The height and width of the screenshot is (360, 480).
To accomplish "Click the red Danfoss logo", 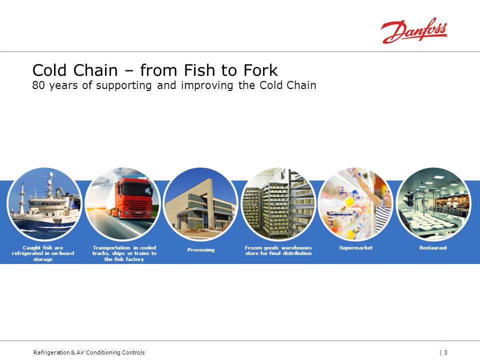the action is pos(414,30).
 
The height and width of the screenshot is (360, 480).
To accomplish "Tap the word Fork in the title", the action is pos(261,70).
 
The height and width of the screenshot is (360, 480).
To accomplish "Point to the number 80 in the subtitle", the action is pos(38,85).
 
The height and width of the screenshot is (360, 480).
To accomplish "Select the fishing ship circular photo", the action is pos(44,203).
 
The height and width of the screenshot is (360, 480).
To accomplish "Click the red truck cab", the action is pos(134,197).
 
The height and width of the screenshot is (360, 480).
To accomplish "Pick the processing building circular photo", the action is pos(200,203).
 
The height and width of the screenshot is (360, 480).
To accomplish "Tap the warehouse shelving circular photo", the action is pos(278,203).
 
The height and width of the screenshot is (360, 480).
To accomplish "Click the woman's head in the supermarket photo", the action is pos(387,194).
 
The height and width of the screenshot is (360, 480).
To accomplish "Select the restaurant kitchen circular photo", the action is pos(433,203).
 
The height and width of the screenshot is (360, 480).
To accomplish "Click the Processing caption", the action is pos(201,250).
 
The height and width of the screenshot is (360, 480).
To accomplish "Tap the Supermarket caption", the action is pos(355,247).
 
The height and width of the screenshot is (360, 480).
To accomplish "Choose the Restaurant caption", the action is pos(433,247).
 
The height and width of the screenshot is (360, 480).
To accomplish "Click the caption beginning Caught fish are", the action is pos(43,253).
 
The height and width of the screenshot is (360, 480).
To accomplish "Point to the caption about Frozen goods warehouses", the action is pos(278,250).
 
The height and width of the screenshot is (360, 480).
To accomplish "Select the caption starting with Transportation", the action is pos(124,253).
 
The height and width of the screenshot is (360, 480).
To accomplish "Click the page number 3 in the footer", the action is pos(445,352).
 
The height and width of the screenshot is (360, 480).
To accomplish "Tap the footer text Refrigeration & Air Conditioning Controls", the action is pos(89,352).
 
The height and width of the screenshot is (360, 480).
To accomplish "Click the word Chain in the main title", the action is pos(95,70).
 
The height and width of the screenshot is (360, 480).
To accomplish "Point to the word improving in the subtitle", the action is pos(207,85).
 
